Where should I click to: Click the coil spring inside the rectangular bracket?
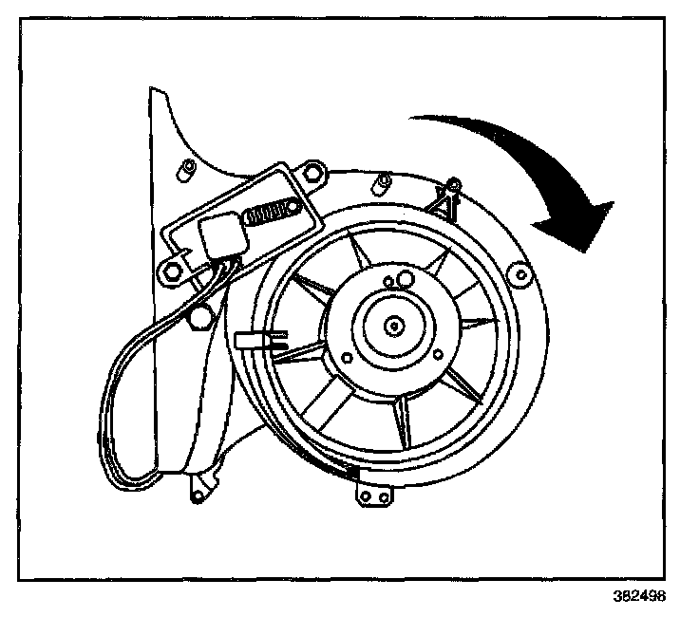(x=270, y=213)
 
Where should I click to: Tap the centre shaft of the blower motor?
(x=392, y=325)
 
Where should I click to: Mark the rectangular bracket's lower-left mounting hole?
(x=173, y=271)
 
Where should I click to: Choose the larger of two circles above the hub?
(x=405, y=278)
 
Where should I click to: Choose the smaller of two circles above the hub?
(x=388, y=282)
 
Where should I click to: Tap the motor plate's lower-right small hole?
(x=437, y=355)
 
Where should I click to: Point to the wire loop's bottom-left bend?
(x=119, y=465)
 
